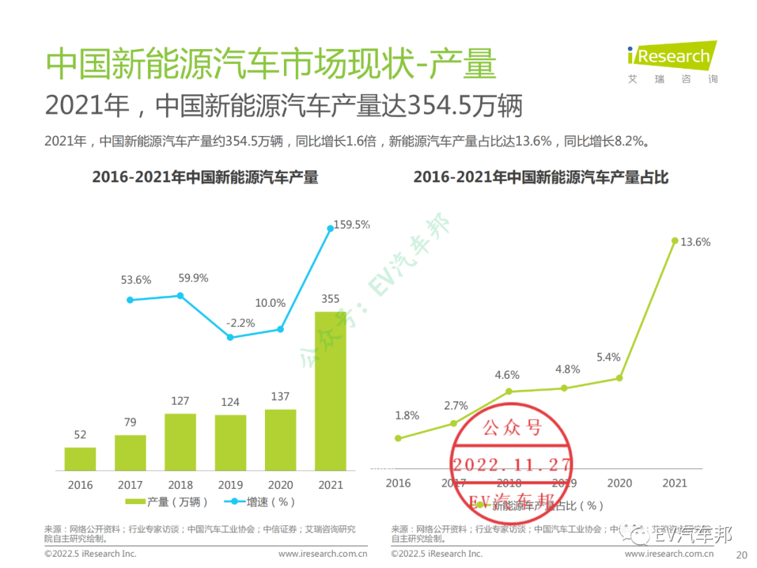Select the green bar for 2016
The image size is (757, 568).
point(80,459)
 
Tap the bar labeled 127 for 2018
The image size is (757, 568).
point(180,442)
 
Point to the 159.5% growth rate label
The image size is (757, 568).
point(351,225)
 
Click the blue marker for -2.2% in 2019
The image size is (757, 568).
point(231,337)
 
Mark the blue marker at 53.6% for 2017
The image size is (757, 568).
point(130,299)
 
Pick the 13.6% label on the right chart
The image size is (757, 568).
point(696,242)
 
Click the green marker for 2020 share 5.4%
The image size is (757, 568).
point(620,378)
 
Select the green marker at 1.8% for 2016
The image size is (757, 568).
point(398,438)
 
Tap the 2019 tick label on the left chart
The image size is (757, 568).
point(231,485)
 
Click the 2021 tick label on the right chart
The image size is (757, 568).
point(674,483)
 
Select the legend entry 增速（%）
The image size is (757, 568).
point(260,502)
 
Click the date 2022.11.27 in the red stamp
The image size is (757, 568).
point(512,464)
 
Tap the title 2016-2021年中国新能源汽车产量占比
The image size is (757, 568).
point(540,177)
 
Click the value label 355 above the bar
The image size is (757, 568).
point(330,299)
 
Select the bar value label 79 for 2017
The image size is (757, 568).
point(130,421)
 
